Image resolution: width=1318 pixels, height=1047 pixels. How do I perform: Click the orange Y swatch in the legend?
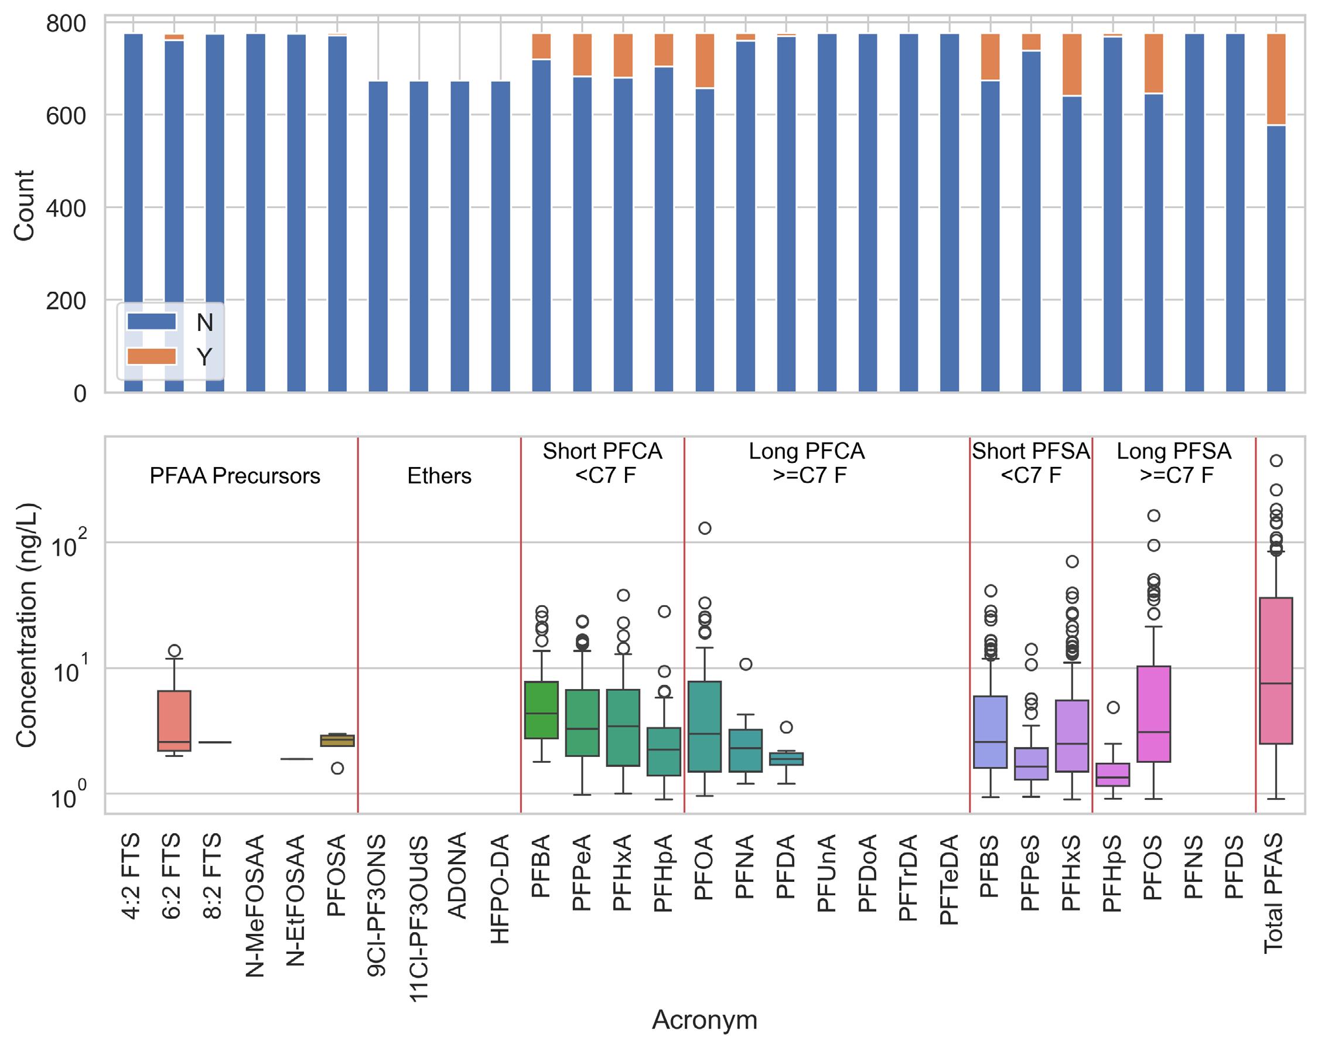click(151, 356)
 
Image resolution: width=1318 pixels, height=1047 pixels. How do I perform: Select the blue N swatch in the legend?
click(151, 322)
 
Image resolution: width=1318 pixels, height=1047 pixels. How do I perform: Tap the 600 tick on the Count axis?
click(66, 115)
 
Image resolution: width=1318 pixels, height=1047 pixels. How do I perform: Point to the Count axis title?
click(25, 206)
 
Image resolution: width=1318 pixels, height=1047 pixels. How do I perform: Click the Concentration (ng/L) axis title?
click(27, 625)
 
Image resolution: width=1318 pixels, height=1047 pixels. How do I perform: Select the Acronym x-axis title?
click(704, 1019)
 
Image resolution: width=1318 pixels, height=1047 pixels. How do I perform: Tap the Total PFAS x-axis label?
click(1276, 893)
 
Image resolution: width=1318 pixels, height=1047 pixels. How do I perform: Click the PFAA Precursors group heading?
click(235, 476)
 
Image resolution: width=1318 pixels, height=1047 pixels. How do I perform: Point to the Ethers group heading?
click(439, 476)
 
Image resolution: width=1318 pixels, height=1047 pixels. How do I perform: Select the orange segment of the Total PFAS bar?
click(1276, 80)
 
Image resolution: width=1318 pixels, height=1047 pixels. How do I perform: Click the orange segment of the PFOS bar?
click(1153, 64)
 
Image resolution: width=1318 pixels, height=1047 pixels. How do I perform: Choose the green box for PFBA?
click(541, 710)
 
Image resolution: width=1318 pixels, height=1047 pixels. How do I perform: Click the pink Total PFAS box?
click(1276, 670)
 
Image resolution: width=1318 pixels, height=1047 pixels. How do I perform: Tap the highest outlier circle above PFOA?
click(705, 528)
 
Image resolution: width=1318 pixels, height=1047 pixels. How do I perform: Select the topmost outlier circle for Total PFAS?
click(1276, 461)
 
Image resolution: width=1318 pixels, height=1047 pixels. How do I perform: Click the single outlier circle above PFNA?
click(746, 664)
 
